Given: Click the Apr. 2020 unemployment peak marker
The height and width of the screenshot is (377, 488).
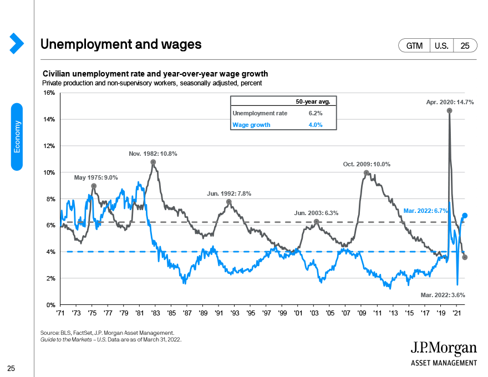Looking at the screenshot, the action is (x=449, y=111).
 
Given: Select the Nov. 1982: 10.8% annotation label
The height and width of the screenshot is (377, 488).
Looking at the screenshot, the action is (x=153, y=154).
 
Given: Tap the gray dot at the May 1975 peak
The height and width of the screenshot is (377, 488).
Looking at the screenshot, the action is (x=94, y=186).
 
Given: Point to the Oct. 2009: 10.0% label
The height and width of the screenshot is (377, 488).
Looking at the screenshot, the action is (x=367, y=164).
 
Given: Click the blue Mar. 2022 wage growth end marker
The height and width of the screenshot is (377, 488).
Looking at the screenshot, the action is (x=465, y=215).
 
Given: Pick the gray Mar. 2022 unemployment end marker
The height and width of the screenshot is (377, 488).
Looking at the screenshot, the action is (x=465, y=257).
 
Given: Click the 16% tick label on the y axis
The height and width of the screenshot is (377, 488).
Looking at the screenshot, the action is (x=49, y=93).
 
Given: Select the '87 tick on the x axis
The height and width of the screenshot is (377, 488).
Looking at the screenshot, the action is (x=187, y=313).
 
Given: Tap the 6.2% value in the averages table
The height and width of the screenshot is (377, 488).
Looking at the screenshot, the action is (x=316, y=113).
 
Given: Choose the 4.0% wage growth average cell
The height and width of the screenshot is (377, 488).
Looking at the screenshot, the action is (x=316, y=125).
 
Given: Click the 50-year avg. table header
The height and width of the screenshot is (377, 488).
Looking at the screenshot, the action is (x=313, y=101).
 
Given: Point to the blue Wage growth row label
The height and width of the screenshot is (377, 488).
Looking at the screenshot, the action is (x=251, y=125).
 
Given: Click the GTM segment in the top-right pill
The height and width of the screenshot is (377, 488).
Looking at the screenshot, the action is (x=414, y=45).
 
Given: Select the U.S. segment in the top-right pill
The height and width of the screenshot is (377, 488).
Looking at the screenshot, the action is (x=441, y=45).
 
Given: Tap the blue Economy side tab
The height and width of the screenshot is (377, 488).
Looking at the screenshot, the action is (x=17, y=137).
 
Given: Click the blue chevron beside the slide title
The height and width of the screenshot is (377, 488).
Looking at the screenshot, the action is (x=17, y=43).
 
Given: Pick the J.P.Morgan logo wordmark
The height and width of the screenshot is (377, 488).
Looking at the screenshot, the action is (x=444, y=348).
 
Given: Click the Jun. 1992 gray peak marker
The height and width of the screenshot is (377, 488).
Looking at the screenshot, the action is (x=228, y=202).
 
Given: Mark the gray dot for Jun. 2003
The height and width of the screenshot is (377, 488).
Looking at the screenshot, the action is (x=316, y=222).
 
